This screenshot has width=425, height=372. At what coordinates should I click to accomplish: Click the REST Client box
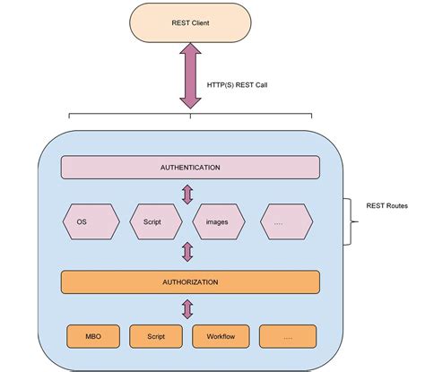[x=189, y=22]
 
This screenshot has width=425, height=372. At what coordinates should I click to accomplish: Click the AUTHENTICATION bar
[x=189, y=168]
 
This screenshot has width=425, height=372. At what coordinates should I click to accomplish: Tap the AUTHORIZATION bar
[x=189, y=281]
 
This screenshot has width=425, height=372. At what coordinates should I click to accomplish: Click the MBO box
[x=93, y=337]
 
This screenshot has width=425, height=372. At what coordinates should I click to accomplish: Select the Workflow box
[x=221, y=337]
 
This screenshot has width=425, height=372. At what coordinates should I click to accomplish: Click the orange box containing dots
[x=289, y=337]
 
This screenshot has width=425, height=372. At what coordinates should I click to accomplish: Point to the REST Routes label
[x=386, y=205]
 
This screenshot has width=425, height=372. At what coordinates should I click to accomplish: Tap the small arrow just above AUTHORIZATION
[x=188, y=252]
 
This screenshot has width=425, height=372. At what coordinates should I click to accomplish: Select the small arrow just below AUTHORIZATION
[x=188, y=309]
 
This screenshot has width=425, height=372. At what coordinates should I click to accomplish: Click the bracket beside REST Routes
[x=351, y=221]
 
